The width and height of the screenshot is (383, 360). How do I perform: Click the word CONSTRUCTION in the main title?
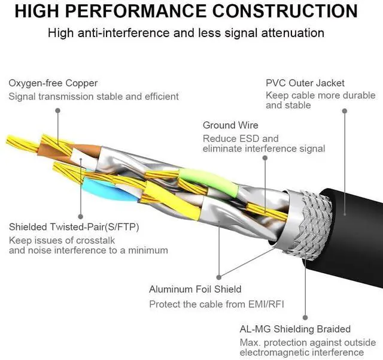(x=285, y=11)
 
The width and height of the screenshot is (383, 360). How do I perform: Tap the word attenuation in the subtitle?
(x=293, y=33)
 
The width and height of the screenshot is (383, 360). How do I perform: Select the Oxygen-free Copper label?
(x=53, y=83)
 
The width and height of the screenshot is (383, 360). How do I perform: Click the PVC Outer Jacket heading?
(x=305, y=83)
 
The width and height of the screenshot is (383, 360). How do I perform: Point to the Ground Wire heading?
(x=230, y=125)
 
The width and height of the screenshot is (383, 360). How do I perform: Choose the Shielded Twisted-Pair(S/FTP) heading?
(x=74, y=227)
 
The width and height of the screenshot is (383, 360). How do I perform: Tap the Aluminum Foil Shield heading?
(x=195, y=289)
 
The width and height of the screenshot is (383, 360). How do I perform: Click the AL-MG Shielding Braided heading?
(x=295, y=329)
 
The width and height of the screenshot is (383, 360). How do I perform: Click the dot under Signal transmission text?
(x=58, y=111)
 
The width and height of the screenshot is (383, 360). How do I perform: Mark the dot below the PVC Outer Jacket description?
(x=345, y=111)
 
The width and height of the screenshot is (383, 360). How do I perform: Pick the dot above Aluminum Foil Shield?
(x=219, y=277)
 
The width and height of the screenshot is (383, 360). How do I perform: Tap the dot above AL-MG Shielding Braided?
(x=305, y=317)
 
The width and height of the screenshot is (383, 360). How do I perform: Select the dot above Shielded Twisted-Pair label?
(x=81, y=216)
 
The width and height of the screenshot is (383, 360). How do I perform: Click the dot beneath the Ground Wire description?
(x=265, y=158)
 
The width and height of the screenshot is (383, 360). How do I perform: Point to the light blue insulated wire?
(x=108, y=189)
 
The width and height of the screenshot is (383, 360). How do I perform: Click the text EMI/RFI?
(x=266, y=304)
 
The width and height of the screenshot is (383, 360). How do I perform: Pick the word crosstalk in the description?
(x=95, y=240)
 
